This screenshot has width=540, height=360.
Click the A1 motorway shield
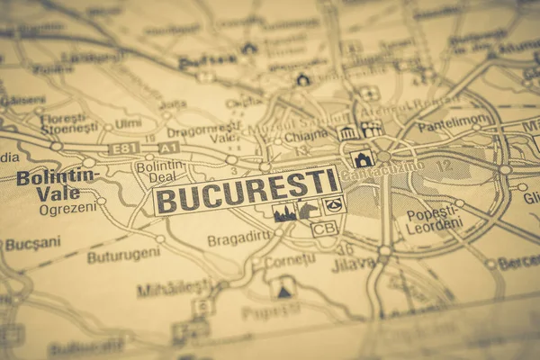tap(169, 147)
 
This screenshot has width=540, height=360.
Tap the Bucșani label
tap(33, 244)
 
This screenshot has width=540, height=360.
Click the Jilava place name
tap(353, 264)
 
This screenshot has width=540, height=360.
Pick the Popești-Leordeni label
tap(433, 221)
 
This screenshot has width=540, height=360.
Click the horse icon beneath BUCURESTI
tap(308, 210)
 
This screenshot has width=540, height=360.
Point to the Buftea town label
tap(207, 62)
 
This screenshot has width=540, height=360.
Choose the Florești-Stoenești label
tap(68, 122)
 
